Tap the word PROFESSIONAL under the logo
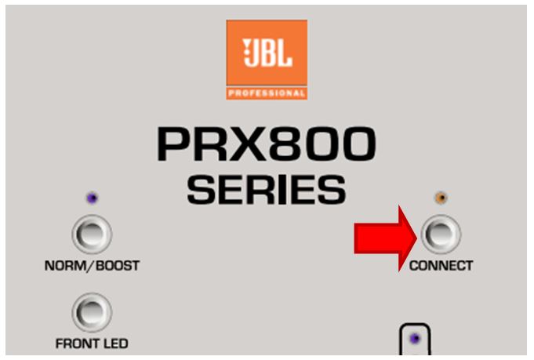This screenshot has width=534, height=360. (x=267, y=93)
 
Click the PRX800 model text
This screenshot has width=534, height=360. (x=267, y=144)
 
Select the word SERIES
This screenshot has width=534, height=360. (x=267, y=189)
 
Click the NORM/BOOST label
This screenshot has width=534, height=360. (x=92, y=266)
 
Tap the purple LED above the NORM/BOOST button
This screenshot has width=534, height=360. (x=93, y=198)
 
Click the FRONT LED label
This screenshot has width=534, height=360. (x=92, y=344)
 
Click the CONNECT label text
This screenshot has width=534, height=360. (x=441, y=266)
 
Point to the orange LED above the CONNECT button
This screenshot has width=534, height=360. (x=441, y=198)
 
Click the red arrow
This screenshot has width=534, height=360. (x=386, y=238)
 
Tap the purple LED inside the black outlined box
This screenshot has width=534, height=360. (x=415, y=339)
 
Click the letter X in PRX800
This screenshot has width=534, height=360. (x=245, y=144)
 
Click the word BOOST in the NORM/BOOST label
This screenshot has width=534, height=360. (x=118, y=266)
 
